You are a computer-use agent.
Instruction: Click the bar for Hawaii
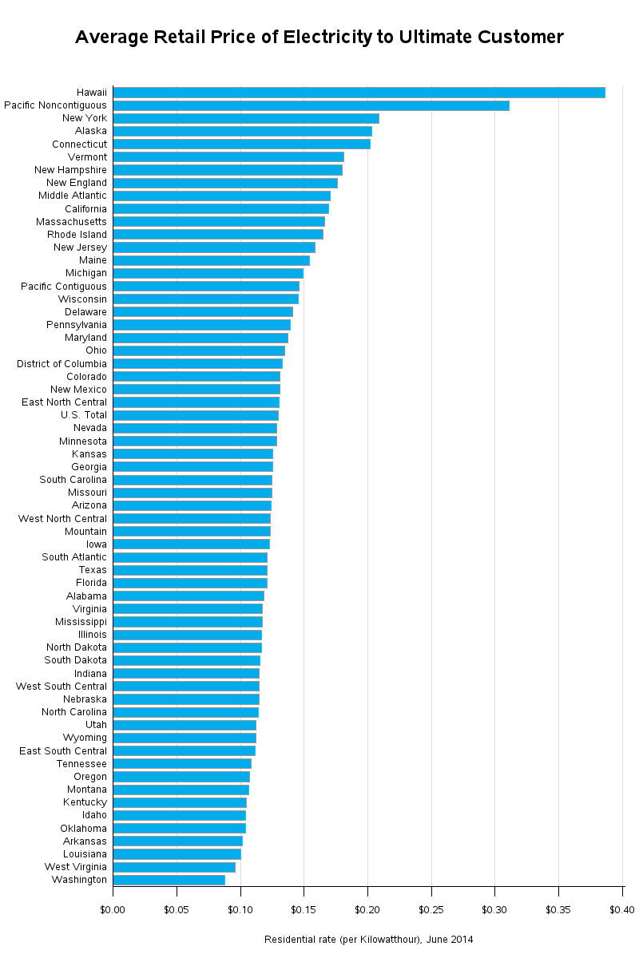point(359,93)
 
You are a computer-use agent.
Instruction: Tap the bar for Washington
point(169,880)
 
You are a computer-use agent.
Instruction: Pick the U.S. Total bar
point(196,415)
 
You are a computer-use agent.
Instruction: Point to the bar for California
point(220,208)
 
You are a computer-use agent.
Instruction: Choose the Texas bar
point(190,570)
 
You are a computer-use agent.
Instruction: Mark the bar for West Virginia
point(174,867)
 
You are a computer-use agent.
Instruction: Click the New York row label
point(84,118)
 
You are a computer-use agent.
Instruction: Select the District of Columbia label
point(62,364)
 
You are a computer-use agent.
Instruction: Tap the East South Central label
point(63,751)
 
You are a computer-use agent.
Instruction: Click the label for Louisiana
point(85,854)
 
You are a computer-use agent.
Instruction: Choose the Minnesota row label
point(82,441)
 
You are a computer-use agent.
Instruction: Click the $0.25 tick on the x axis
point(431,909)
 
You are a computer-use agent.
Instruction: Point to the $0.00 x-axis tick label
point(113,909)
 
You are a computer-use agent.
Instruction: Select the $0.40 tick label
point(621,909)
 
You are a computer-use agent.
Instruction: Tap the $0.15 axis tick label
point(304,909)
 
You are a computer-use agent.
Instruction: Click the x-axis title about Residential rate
point(368,940)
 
